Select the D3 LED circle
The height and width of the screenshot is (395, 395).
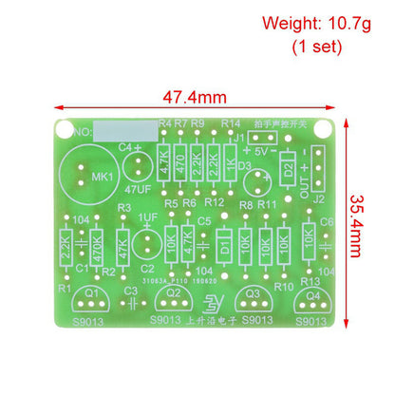pyautogui.click(x=252, y=180)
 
